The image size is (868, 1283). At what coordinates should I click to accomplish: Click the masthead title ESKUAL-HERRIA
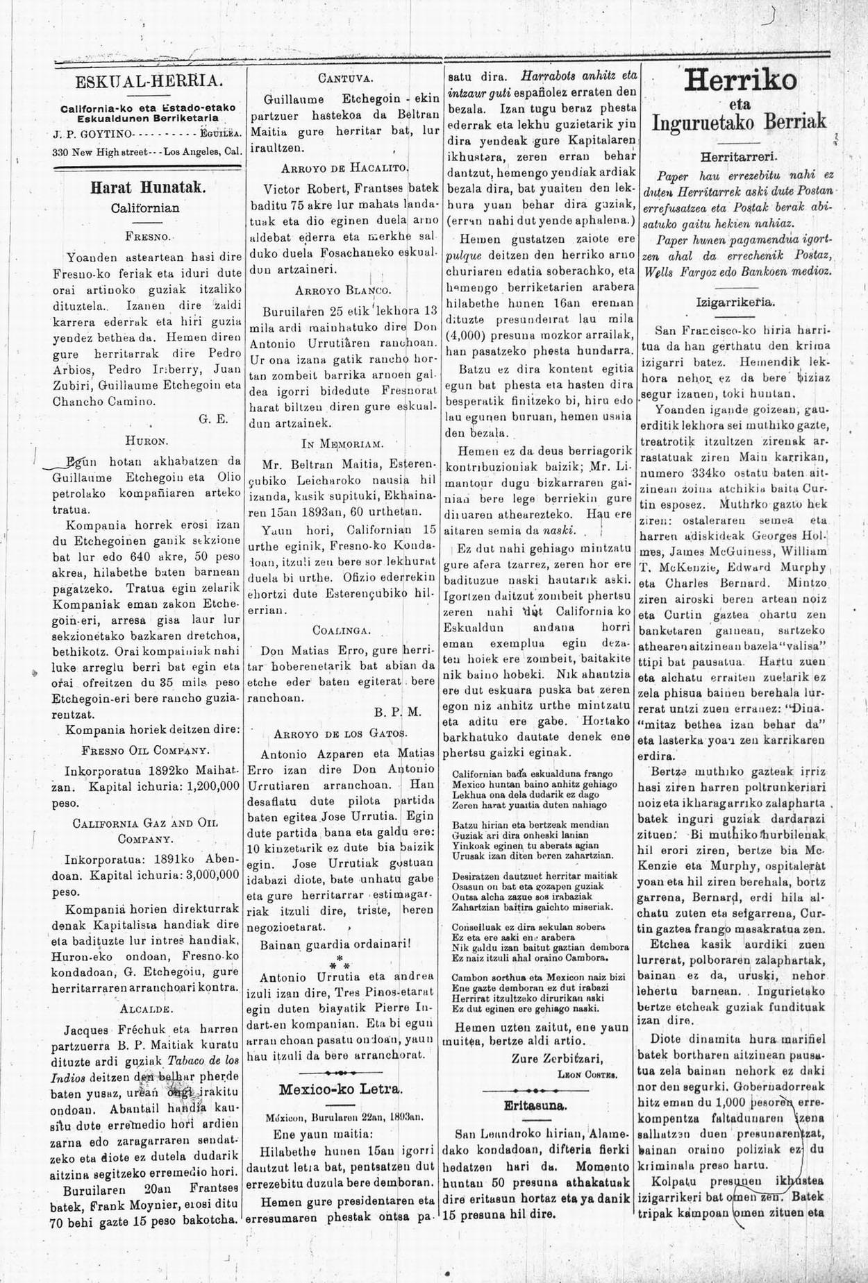pos(149,81)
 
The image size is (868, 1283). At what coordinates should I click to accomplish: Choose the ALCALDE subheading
pos(146,1007)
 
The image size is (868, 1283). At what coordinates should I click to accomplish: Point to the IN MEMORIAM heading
pos(342,442)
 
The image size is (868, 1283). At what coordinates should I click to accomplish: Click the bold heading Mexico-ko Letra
pos(342,1087)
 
